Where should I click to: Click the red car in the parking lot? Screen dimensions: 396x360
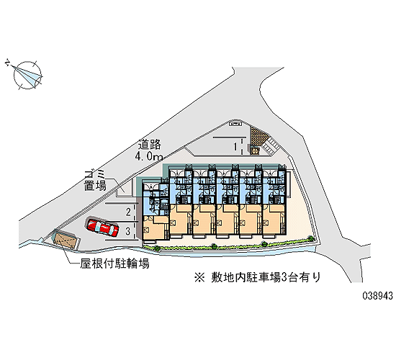tap(102, 227)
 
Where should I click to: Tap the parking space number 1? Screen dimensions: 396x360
tap(235, 146)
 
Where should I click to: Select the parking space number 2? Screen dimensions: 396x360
tap(129, 212)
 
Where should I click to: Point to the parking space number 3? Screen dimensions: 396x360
tap(128, 231)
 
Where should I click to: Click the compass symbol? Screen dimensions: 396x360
tap(27, 75)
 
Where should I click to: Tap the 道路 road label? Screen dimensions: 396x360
tap(150, 144)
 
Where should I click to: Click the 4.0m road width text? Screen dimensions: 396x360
tap(149, 156)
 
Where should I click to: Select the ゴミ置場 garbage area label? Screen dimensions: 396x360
tap(95, 180)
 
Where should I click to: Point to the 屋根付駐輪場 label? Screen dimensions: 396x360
tap(114, 264)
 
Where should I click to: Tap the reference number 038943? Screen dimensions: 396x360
tap(378, 295)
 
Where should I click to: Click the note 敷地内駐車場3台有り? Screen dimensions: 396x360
tap(266, 277)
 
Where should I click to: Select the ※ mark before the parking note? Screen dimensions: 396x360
tap(199, 278)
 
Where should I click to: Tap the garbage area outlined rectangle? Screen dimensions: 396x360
tap(125, 188)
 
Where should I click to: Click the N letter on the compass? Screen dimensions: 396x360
tap(8, 63)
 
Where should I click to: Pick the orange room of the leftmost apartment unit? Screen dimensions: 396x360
tap(154, 228)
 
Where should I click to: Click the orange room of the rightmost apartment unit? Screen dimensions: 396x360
tap(274, 220)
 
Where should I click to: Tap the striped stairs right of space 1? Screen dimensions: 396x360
tap(270, 146)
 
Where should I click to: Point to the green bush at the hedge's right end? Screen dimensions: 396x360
tap(310, 238)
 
